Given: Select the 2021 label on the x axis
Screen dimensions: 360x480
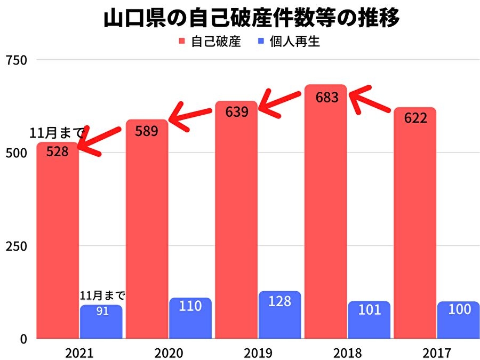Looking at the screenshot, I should click(x=79, y=353).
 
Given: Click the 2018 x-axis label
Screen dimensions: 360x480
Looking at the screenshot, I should click(x=347, y=353).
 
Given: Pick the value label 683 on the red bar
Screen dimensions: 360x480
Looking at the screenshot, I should click(x=326, y=98).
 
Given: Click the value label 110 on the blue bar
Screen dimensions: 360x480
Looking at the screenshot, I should click(x=190, y=306).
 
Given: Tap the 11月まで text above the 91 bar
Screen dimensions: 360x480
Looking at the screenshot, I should click(x=102, y=295).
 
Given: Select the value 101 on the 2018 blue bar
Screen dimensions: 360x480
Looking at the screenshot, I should click(x=369, y=309).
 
